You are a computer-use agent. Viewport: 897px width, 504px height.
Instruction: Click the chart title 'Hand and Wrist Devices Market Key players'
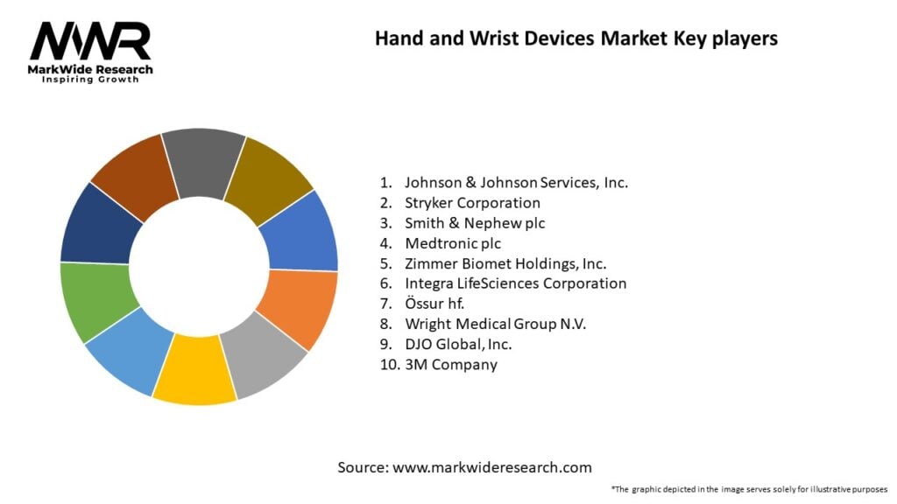576,38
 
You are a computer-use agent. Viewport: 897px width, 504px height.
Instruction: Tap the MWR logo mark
90,41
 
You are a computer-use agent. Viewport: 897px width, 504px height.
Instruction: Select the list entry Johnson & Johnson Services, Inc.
516,183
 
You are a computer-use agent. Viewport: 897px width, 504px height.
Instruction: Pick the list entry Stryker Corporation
472,203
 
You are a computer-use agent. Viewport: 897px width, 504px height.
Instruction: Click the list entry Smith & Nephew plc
474,223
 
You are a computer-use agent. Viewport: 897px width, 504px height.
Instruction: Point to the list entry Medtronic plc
453,243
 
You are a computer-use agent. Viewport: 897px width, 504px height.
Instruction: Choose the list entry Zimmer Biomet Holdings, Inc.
505,263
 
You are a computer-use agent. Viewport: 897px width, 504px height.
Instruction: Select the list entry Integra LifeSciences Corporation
515,283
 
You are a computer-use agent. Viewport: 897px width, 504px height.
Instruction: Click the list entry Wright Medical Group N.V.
495,324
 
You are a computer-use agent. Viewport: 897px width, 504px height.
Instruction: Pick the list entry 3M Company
450,364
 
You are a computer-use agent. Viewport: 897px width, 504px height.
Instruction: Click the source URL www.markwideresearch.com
491,467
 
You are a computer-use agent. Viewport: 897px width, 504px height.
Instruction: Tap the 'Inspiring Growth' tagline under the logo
90,80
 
